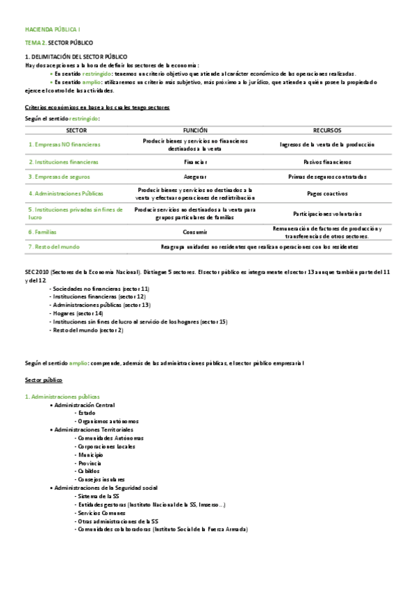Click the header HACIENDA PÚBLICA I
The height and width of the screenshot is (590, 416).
[x=53, y=31]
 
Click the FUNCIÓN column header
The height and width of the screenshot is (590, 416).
[x=195, y=130]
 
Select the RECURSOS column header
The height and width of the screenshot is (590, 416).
[x=326, y=130]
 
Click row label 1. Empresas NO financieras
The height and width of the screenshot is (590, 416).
[x=65, y=145]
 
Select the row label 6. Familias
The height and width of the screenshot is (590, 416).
[x=42, y=232]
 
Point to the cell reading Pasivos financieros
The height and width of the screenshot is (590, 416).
[x=326, y=161]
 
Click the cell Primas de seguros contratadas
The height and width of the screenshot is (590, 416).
[x=326, y=177]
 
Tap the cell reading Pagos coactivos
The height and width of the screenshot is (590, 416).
[x=326, y=193]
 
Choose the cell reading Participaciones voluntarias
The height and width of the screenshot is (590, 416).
[x=326, y=214]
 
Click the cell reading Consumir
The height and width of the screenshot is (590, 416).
[x=195, y=232]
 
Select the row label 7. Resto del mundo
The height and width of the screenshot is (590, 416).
[x=54, y=246]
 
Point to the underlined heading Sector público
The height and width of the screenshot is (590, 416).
[x=44, y=381]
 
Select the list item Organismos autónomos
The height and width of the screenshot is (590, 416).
[x=108, y=421]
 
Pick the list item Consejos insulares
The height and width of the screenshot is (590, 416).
[x=101, y=479]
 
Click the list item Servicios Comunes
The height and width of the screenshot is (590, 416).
[x=102, y=513]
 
